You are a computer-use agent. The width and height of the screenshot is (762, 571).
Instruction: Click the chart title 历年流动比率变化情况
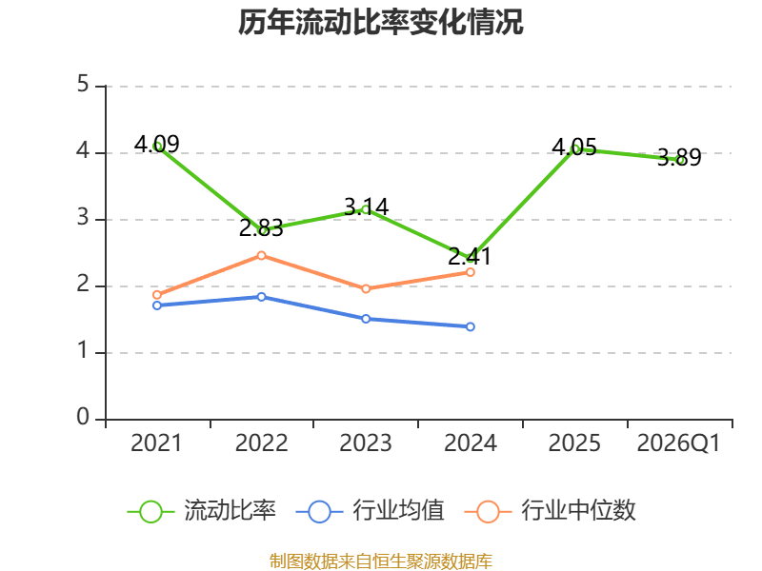point(380,22)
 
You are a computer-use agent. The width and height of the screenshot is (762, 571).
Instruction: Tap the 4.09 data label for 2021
point(156,144)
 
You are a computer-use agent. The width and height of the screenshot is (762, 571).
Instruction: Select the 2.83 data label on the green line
point(261,228)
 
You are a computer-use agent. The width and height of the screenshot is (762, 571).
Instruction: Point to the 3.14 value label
point(366,207)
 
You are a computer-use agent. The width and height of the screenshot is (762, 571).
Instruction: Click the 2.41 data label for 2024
point(470,256)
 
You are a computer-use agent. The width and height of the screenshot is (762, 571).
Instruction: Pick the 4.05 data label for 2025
point(574,148)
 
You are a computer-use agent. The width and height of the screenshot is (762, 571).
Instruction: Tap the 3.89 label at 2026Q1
point(679,157)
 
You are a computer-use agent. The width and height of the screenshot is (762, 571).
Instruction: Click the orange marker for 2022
point(261,255)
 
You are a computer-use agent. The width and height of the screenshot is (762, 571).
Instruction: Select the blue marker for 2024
point(471,326)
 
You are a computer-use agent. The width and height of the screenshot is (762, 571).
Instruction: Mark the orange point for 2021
point(157,295)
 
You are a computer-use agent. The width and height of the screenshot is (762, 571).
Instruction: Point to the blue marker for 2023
point(366,319)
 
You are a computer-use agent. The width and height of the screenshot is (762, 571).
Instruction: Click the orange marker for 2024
point(471,272)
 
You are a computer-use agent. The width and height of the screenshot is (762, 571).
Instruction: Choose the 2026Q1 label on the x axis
point(678,443)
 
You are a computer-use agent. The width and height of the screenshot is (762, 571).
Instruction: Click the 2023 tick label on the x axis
point(366,443)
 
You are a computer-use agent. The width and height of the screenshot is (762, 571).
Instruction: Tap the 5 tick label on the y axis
point(83,85)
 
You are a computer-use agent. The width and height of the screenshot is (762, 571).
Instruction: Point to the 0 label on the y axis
point(83,417)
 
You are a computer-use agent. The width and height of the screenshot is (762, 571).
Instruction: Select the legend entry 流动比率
point(202,511)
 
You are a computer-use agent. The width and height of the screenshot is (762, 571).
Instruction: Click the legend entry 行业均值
point(370,511)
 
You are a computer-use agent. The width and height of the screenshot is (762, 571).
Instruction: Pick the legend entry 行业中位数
point(551,511)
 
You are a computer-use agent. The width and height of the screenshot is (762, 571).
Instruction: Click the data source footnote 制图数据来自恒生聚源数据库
point(381,561)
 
